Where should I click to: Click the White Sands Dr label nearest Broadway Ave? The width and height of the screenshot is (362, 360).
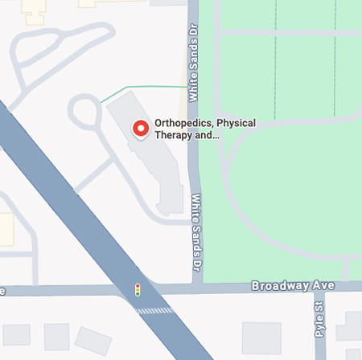coord(195,234)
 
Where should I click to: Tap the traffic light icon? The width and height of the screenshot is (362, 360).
coord(138,289)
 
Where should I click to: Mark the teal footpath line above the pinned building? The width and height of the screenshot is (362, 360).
coord(145,87)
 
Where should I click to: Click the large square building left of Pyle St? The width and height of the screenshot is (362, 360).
coord(261,337)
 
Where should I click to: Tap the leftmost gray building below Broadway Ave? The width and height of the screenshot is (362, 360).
coord(15,335)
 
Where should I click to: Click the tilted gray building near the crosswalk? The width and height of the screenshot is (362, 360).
coord(93,341)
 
